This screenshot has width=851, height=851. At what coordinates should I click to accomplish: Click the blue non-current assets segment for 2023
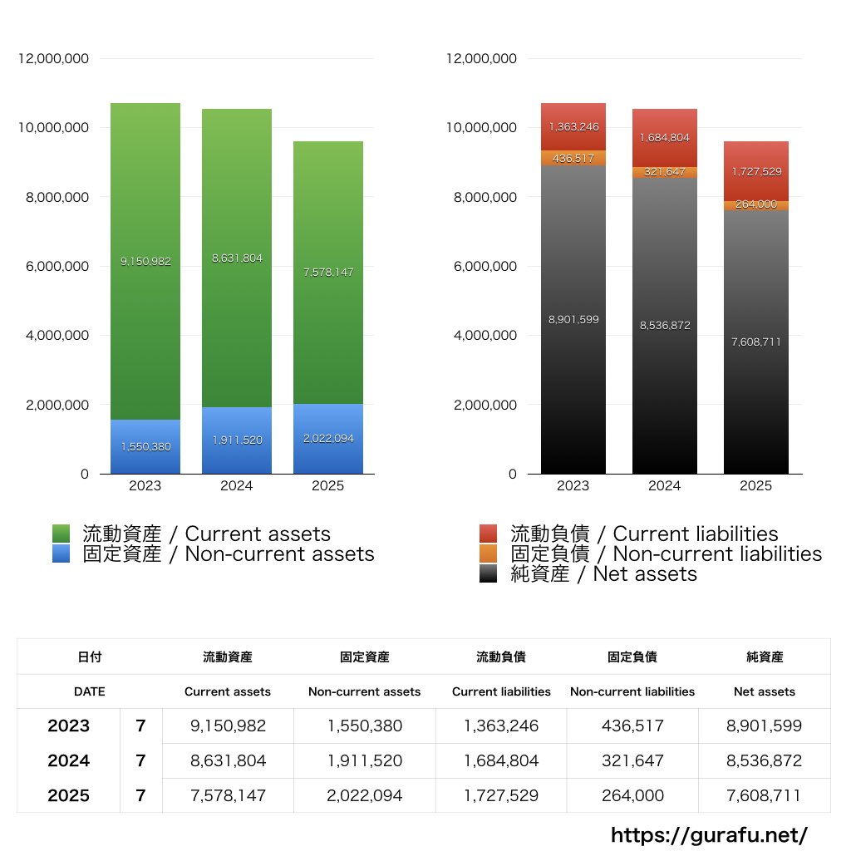tap(145, 447)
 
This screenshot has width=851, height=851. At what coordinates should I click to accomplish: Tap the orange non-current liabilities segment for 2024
tap(664, 172)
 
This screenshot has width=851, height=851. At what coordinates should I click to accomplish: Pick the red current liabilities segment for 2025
tap(755, 171)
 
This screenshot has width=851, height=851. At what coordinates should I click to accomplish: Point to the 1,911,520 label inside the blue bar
tap(236, 440)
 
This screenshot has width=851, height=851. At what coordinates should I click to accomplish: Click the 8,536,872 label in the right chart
tap(664, 326)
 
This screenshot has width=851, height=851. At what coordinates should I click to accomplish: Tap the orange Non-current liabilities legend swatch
tap(489, 553)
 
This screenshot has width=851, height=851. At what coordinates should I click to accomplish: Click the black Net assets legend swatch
tap(489, 573)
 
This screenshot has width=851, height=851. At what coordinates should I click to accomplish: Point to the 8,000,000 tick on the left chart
tap(53, 198)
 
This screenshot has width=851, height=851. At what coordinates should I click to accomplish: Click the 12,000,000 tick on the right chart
tap(481, 59)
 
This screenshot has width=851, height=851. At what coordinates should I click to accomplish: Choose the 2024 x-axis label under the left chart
tap(236, 486)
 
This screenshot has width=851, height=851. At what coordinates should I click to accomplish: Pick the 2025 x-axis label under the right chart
tap(755, 486)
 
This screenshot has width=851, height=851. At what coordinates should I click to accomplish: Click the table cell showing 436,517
tap(632, 726)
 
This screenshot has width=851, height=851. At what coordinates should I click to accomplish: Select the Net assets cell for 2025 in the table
tap(765, 795)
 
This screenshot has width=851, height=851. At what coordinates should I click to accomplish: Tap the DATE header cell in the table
tap(89, 691)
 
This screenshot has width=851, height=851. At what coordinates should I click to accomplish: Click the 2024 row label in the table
tap(68, 760)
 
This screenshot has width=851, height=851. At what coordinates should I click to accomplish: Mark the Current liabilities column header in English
tap(501, 691)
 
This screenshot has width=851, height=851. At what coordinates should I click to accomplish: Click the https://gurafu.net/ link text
tap(709, 834)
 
